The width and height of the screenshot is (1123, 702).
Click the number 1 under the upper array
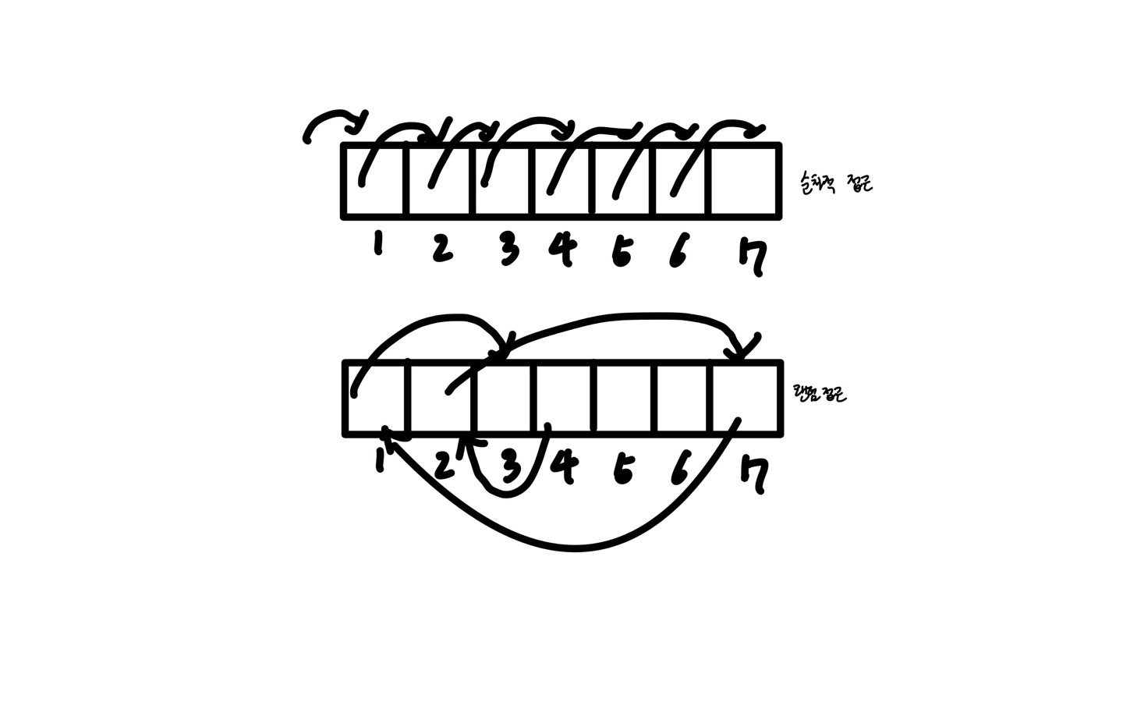(x=378, y=246)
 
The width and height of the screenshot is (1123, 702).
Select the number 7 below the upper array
(x=753, y=257)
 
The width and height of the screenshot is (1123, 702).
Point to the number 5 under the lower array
(x=622, y=469)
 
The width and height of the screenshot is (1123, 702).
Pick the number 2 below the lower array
(x=442, y=466)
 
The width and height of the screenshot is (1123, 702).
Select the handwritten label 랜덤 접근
(x=819, y=393)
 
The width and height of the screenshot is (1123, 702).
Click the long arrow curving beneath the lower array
(x=577, y=548)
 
